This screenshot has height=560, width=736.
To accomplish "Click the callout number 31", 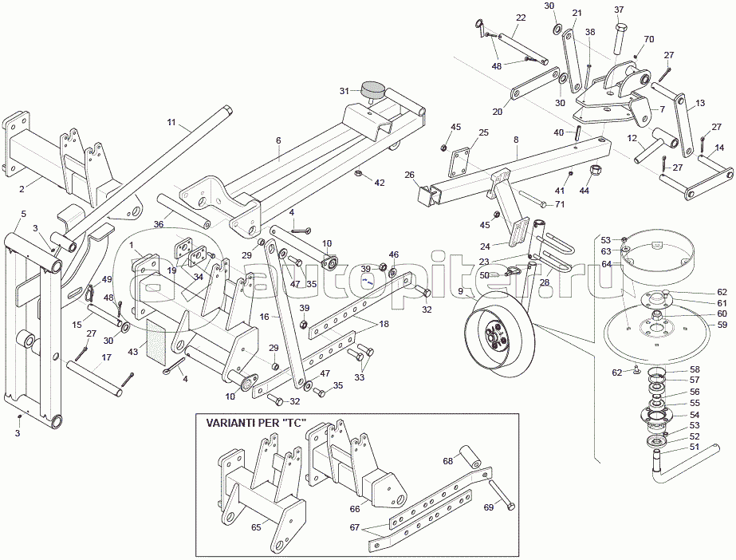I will click(x=344, y=91).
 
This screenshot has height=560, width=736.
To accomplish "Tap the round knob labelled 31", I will click(x=372, y=89).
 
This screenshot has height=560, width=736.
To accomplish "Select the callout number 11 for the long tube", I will click(x=171, y=122).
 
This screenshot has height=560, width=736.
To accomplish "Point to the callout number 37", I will click(x=619, y=10).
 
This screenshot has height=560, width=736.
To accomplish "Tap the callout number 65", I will click(x=256, y=527).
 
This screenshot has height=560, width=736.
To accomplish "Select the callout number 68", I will click(x=448, y=461).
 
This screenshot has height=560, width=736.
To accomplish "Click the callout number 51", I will click(x=693, y=448).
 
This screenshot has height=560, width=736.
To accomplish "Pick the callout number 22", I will click(x=521, y=18).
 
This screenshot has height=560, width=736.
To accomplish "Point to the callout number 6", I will click(x=278, y=140).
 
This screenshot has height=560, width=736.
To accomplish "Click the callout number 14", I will click(x=719, y=147).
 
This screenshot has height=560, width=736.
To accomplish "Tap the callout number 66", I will click(x=355, y=508).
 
